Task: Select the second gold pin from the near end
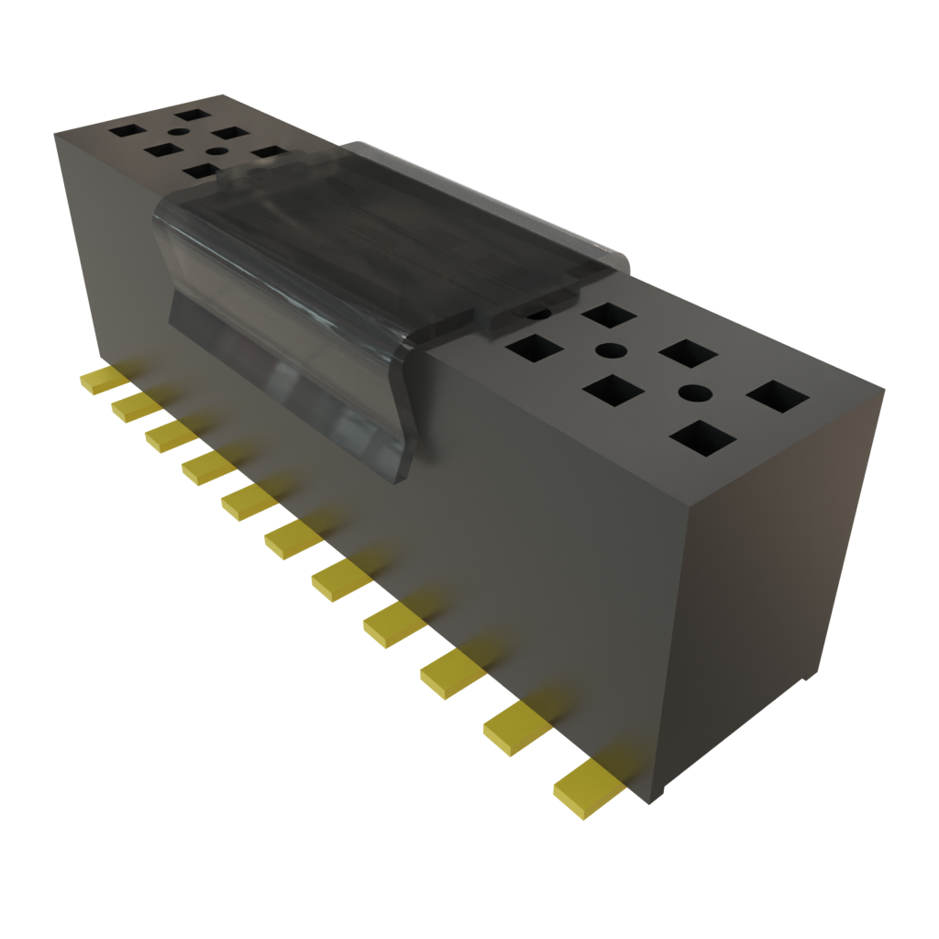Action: coord(516,728)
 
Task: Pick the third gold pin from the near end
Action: coord(452,675)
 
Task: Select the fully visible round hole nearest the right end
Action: coord(696,392)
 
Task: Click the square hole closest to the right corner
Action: coord(778,396)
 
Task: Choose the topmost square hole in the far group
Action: coord(193,116)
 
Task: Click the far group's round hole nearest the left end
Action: coord(178,134)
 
